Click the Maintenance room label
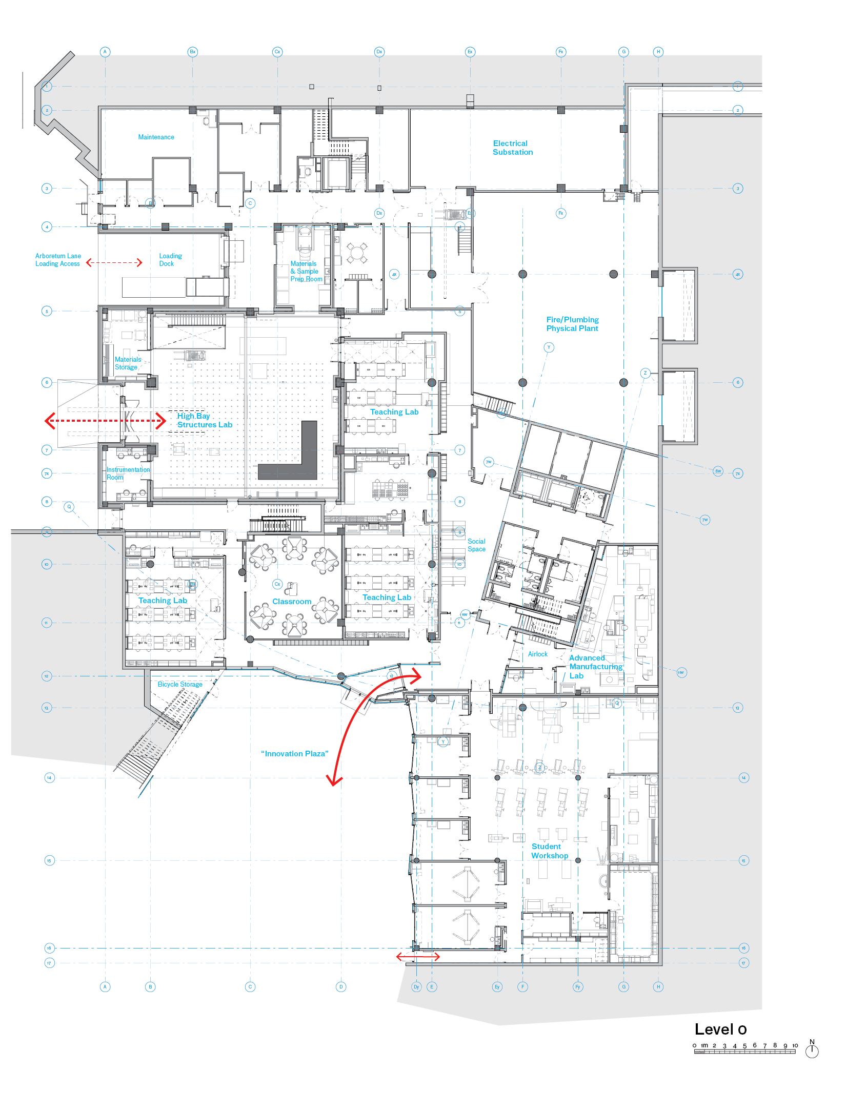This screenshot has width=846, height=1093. click(x=156, y=137)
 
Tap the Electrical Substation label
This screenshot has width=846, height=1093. click(x=512, y=148)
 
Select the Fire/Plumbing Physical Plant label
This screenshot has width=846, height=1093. click(x=572, y=324)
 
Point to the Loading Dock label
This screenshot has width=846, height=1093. click(x=170, y=260)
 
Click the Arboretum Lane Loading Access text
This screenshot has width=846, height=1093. click(x=58, y=260)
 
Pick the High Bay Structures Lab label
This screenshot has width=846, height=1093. click(x=204, y=420)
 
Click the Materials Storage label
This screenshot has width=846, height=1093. click(x=127, y=363)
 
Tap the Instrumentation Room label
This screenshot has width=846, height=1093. click(x=128, y=473)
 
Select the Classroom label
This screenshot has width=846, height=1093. click(x=292, y=602)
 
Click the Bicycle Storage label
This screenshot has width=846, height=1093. click(x=180, y=684)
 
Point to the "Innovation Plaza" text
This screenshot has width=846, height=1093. click(x=294, y=754)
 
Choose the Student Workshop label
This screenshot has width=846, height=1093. click(x=549, y=851)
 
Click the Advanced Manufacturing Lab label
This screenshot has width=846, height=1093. click(x=595, y=667)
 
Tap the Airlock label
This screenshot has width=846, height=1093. click(x=537, y=654)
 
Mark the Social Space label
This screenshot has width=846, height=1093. click(x=476, y=545)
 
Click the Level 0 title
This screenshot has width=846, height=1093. click(x=720, y=1029)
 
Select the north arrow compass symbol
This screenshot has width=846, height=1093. click(x=812, y=1050)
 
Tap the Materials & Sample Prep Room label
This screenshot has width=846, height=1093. click(x=306, y=272)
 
